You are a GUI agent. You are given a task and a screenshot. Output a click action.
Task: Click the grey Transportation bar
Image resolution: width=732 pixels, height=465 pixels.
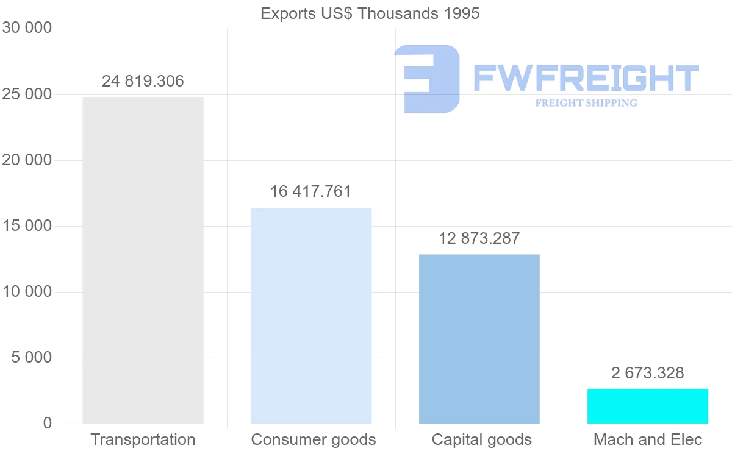143,260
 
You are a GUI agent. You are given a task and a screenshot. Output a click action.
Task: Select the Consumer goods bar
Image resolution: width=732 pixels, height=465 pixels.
311,316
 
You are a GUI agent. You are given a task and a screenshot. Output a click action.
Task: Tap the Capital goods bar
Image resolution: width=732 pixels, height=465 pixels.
479,339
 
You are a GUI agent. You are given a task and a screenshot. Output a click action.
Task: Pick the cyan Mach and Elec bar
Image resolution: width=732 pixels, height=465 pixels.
648,406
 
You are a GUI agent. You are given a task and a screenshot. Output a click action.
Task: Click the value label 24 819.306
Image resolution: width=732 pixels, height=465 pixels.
143,81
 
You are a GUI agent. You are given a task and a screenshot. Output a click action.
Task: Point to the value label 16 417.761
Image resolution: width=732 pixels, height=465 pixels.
311,192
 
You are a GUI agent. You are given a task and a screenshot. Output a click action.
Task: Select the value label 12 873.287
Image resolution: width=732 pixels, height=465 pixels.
479,238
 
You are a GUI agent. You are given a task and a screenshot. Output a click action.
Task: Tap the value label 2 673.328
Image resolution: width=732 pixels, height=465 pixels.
648,373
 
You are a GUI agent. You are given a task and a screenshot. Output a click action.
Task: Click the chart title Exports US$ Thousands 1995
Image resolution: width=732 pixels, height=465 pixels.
370,13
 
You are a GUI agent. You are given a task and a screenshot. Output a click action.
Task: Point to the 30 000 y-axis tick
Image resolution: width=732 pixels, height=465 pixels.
27,28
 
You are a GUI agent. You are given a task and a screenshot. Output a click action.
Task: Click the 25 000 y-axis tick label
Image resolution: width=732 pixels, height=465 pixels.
27,94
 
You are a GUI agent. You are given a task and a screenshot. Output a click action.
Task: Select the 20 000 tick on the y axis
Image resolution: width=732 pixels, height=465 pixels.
27,160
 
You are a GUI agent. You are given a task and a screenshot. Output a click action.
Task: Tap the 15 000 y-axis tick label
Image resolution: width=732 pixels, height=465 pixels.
27,226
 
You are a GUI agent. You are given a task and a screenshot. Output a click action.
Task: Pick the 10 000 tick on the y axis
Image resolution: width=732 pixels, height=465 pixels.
27,292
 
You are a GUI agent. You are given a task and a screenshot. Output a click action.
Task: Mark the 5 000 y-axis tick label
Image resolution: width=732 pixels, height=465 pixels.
32,358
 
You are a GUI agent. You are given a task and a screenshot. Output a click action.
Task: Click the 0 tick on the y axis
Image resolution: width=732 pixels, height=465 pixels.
48,424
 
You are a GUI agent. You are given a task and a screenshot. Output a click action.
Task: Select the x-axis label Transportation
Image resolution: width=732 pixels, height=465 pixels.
143,439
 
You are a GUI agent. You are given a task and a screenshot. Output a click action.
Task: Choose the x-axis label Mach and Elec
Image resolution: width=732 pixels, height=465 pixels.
648,439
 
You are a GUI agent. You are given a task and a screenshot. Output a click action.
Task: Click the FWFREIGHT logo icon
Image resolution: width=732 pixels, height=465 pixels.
427,79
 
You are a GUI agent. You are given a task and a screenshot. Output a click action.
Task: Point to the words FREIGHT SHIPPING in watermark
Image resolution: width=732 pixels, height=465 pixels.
586,103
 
